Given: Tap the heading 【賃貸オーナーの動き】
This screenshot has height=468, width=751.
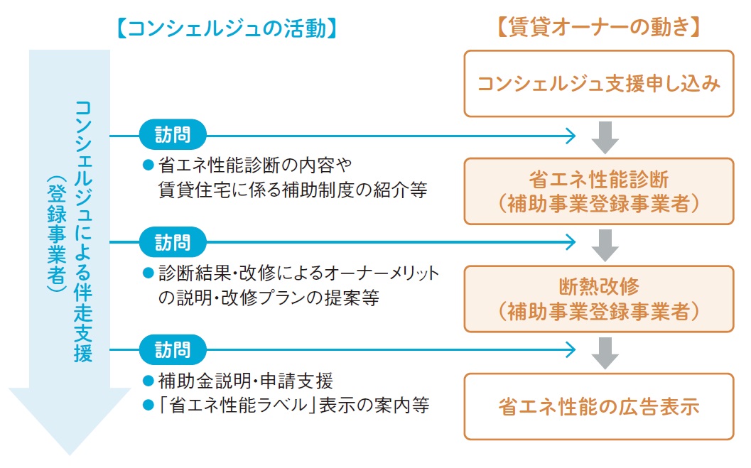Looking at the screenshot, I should (x=598, y=28).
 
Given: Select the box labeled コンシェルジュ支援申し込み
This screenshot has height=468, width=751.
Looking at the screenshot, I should (x=598, y=84).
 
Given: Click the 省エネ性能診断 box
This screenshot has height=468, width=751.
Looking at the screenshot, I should (x=598, y=190).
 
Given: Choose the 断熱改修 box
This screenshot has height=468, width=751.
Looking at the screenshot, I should (x=598, y=298).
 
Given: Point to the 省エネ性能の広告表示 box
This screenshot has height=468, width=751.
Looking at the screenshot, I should (x=598, y=406).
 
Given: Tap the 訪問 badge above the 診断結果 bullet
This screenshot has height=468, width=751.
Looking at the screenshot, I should (x=173, y=242).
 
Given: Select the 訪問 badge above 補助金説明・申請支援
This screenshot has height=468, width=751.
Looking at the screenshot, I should (x=173, y=349).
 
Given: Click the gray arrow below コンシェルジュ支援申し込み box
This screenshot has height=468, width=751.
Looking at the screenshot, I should (x=605, y=137).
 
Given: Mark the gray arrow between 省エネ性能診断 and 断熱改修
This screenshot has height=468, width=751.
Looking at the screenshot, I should (x=605, y=245).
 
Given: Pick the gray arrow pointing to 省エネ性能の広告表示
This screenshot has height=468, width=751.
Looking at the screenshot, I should (x=605, y=353).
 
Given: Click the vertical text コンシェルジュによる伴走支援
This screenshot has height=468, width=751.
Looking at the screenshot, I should (x=83, y=232).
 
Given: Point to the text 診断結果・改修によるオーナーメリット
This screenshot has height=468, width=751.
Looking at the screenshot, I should (x=298, y=273).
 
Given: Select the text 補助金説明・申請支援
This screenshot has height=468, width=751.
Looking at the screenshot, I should (x=244, y=381).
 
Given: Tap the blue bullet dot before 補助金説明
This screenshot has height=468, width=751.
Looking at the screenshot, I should (x=148, y=381).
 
